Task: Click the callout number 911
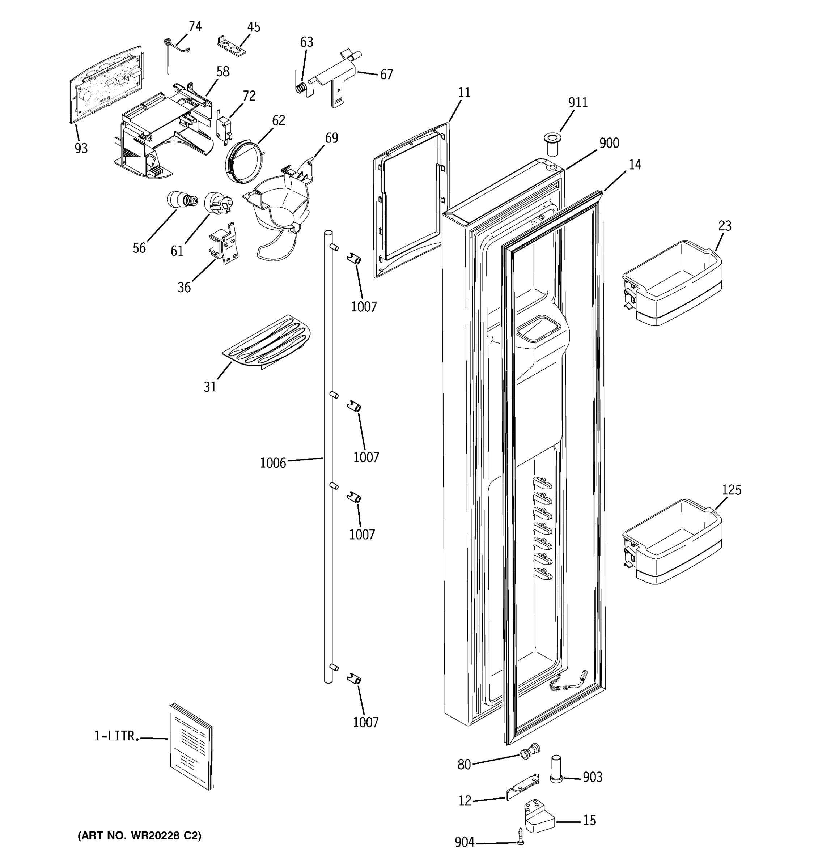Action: pyautogui.click(x=577, y=103)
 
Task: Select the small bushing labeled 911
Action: pyautogui.click(x=552, y=145)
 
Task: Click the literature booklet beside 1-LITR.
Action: pyautogui.click(x=191, y=746)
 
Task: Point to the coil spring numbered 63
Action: pyautogui.click(x=300, y=88)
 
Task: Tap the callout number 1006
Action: pyautogui.click(x=272, y=463)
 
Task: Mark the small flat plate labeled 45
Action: pyautogui.click(x=232, y=46)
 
